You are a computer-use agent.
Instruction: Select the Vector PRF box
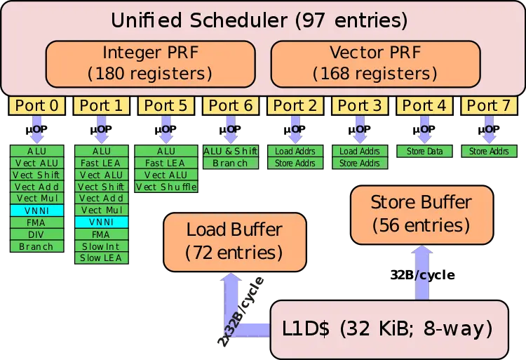tap(375, 62)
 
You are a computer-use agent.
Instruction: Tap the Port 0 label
tap(36, 106)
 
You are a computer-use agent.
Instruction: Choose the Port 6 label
tap(230, 106)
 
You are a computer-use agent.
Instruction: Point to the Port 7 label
tap(489, 106)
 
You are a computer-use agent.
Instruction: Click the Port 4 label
tap(424, 106)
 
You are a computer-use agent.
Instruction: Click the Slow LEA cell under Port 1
tap(101, 258)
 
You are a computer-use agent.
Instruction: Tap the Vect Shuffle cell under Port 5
tap(166, 187)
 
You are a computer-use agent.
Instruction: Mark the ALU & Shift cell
tap(230, 151)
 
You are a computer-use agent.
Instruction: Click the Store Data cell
tap(424, 151)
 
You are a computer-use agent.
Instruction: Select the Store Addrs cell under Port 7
tap(489, 151)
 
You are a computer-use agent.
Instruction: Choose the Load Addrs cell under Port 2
tap(295, 151)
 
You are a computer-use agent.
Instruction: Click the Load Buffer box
tap(234, 241)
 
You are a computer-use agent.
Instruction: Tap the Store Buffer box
tap(420, 214)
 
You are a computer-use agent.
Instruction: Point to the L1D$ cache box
tap(389, 328)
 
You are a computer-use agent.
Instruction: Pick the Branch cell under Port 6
tap(230, 163)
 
